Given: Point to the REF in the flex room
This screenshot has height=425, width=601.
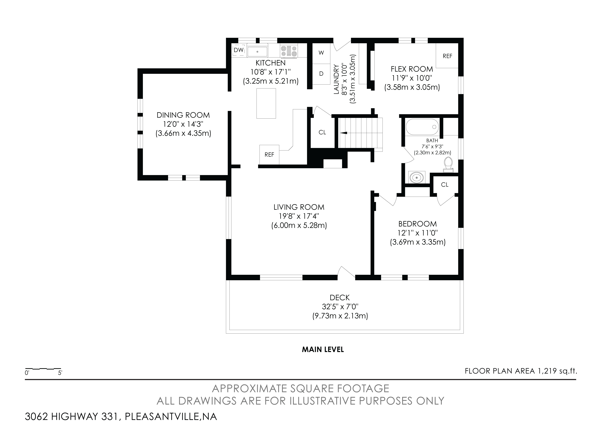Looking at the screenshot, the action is [447, 56].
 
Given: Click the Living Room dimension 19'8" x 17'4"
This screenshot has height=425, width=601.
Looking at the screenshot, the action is [299, 216].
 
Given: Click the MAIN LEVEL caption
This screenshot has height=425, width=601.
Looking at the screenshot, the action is [323, 349].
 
